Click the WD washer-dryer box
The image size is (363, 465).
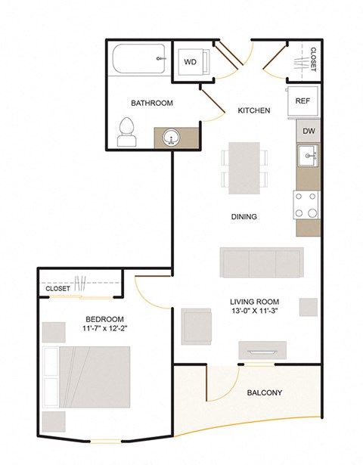point(192,63)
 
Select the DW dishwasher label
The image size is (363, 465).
point(308,131)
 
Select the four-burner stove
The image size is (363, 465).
point(307,203)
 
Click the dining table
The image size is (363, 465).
point(244,167)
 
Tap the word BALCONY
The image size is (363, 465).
point(265,392)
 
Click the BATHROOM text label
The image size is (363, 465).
point(152,103)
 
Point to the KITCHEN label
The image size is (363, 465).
point(254,110)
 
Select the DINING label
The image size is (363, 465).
point(244,217)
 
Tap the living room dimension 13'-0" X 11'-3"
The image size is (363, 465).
point(260,309)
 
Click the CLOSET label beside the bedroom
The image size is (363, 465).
point(58,289)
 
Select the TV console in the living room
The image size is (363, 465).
point(262,350)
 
